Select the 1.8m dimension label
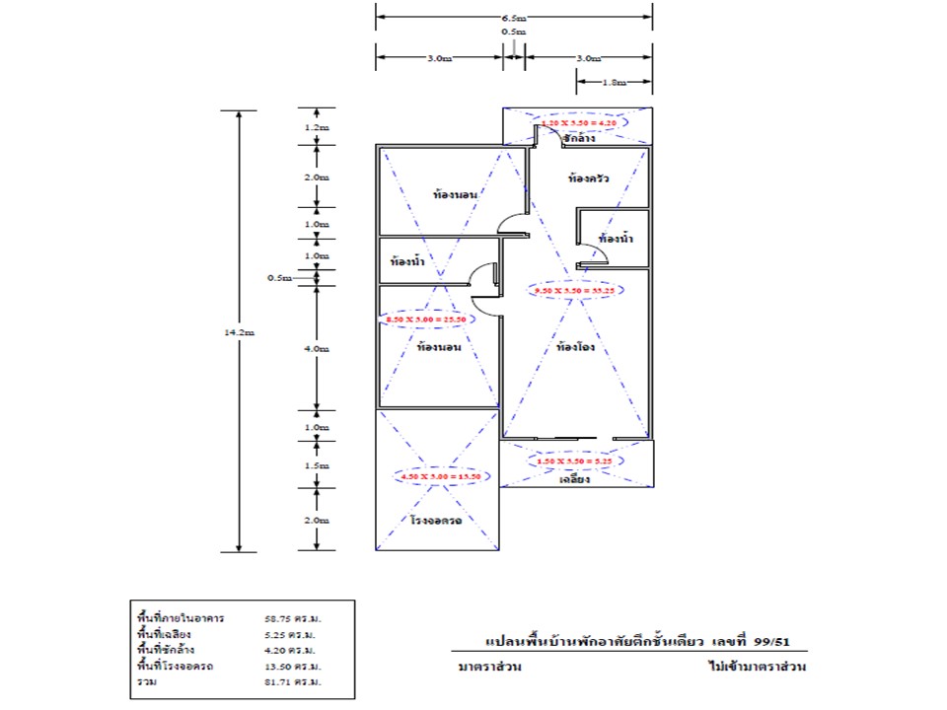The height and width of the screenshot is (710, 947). pyautogui.click(x=614, y=83)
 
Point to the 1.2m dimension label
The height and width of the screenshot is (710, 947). pyautogui.click(x=317, y=128)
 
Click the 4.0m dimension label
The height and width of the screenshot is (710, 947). pyautogui.click(x=317, y=349)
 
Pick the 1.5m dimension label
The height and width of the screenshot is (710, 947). pyautogui.click(x=317, y=465)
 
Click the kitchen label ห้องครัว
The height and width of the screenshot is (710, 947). pyautogui.click(x=588, y=179)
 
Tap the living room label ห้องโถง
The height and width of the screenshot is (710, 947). pyautogui.click(x=575, y=347)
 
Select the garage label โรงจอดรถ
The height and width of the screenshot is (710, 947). pyautogui.click(x=437, y=520)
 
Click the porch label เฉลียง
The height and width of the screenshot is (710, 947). pyautogui.click(x=574, y=480)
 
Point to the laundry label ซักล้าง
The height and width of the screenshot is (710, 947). pyautogui.click(x=578, y=139)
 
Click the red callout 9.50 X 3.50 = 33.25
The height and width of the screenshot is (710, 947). pyautogui.click(x=574, y=292)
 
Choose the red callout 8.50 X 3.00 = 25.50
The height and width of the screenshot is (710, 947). pyautogui.click(x=425, y=319)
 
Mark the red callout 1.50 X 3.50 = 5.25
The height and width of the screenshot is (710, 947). pyautogui.click(x=575, y=461)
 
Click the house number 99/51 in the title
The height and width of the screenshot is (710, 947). pyautogui.click(x=772, y=642)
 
